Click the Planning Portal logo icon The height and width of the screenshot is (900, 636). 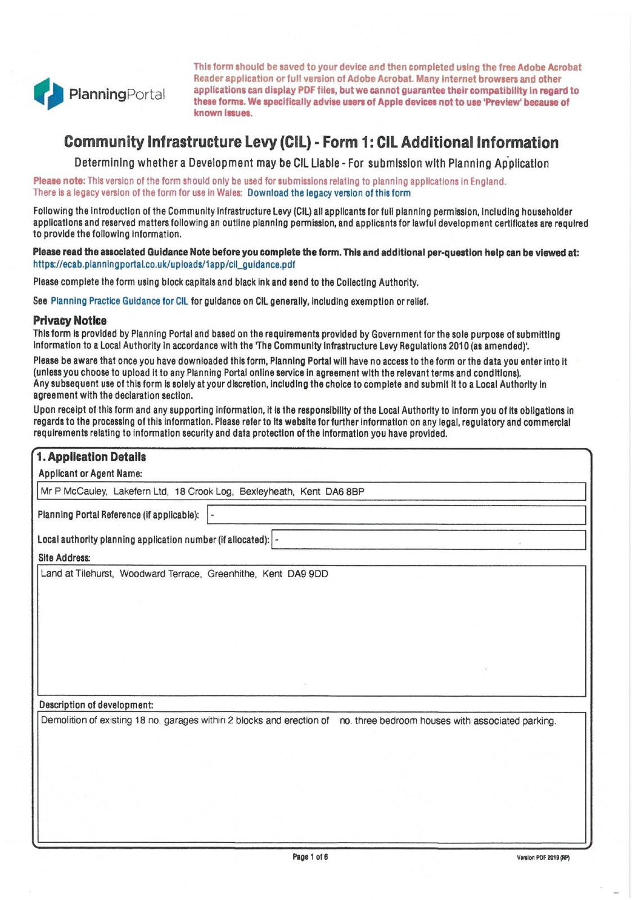pos(48,93)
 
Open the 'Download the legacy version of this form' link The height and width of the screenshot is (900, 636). pos(329,193)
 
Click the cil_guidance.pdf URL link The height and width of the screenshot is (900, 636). pos(164,264)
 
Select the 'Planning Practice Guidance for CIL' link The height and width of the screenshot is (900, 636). pos(119,301)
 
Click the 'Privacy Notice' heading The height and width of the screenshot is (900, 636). pos(70,321)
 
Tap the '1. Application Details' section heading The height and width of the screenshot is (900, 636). pos(91,457)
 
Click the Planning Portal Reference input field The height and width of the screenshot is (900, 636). pos(396,515)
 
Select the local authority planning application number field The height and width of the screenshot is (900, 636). pos(428,540)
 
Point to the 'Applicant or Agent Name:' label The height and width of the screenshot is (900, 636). pos(90,474)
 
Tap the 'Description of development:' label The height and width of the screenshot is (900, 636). pos(96,705)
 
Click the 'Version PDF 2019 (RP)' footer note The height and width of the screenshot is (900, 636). pos(543,858)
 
